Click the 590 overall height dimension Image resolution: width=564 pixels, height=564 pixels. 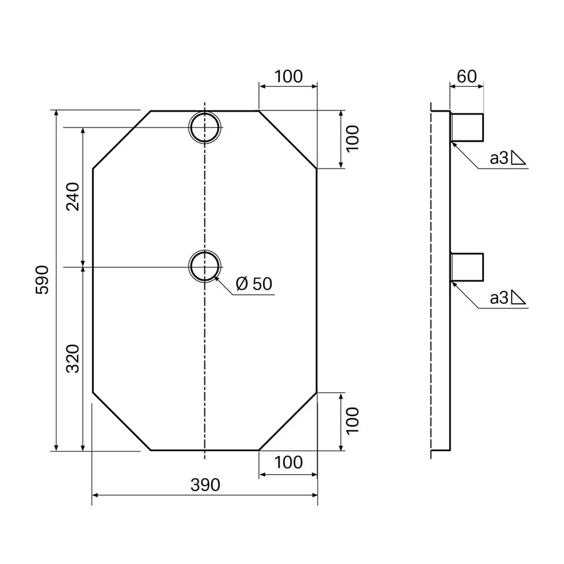coord(42,280)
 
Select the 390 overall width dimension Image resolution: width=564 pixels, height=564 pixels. coord(205,485)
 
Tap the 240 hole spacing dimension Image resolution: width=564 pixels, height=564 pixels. coord(73,196)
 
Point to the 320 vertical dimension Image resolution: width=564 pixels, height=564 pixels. coord(73,358)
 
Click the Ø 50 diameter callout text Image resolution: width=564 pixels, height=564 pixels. coord(254,284)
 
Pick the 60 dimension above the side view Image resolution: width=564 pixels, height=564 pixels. coord(466,76)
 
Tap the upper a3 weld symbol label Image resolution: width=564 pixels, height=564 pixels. coord(508,158)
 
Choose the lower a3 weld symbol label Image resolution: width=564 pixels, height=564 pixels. coord(508,298)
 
